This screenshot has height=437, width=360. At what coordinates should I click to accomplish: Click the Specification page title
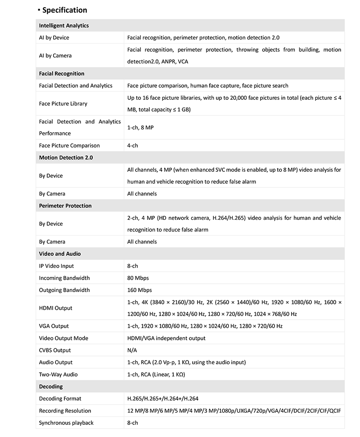tap(64, 10)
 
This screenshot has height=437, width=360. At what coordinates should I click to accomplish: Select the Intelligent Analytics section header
tap(64, 26)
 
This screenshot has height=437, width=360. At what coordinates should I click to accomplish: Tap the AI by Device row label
tap(54, 38)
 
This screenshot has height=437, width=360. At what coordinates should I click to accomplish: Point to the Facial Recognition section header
tap(62, 74)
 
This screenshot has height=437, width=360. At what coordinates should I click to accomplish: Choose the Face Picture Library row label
tap(63, 103)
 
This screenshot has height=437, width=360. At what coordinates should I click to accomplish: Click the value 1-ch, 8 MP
tap(140, 128)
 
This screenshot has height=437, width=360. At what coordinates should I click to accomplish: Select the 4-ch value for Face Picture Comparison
tap(133, 146)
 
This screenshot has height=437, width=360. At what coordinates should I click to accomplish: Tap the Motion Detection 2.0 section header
tap(66, 158)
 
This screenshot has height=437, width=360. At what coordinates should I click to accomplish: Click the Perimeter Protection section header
tap(65, 206)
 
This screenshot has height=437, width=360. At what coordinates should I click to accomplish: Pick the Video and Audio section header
tap(60, 254)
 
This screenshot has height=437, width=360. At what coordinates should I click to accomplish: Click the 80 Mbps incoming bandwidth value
tap(138, 278)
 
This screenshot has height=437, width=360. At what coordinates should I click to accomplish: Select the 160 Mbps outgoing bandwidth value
tap(139, 290)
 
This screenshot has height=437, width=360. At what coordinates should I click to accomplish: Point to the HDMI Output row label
tap(56, 308)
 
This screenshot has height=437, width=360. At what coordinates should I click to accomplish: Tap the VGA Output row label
tap(54, 326)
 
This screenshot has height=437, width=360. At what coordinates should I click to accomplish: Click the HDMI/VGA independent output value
tap(166, 338)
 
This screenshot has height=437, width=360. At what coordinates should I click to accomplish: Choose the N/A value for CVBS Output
tap(132, 350)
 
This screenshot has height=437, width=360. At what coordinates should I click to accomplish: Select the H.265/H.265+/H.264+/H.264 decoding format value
tap(163, 399)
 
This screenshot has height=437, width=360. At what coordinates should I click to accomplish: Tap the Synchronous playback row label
tap(66, 423)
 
